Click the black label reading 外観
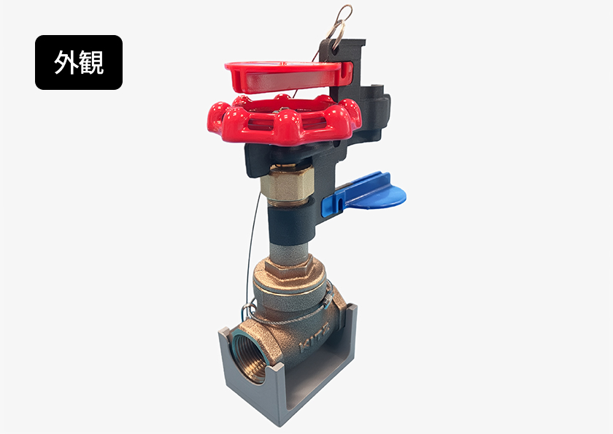[79, 62]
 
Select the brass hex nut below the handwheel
[287, 185]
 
